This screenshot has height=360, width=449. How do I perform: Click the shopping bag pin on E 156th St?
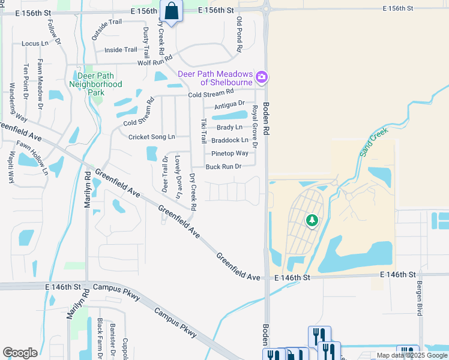coord(172,11)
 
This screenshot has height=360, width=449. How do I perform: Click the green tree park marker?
coord(312,221)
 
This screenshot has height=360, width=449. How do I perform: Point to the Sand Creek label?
coord(374,142)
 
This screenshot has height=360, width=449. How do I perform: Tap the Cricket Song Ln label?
coord(151,137)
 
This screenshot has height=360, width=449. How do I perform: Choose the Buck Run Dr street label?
coord(223,167)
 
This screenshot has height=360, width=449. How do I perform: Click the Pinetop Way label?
coord(230,154)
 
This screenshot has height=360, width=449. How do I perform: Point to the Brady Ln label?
coord(229,127)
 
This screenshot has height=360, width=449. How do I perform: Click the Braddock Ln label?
coord(230,140)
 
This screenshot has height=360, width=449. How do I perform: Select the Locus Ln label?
coord(35,44)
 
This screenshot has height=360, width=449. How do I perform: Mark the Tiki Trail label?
coord(203,131)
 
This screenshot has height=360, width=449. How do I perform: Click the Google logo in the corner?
coord(20,353)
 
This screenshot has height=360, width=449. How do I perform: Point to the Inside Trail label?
coord(121,50)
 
